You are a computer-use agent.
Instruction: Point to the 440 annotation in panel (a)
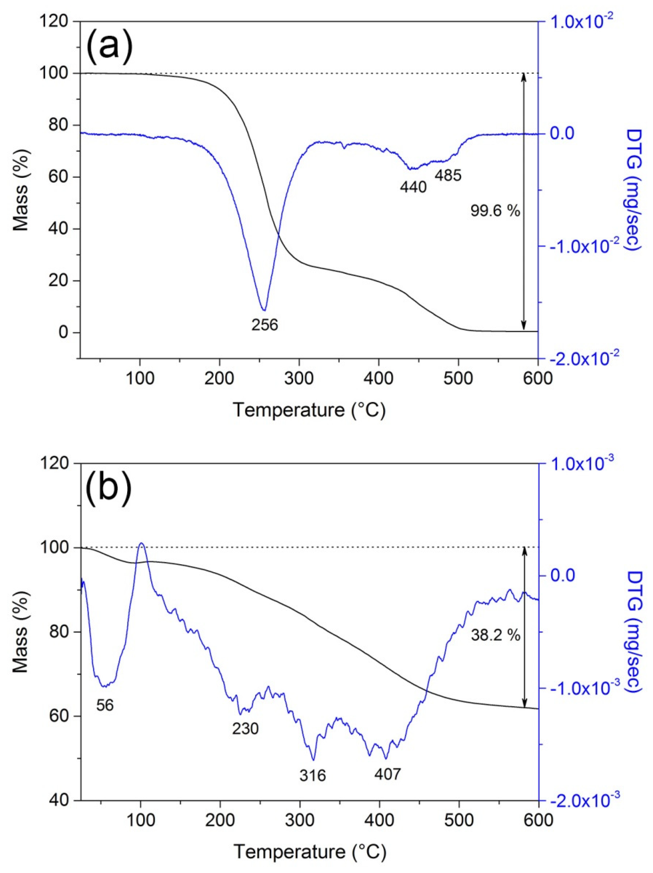tap(413, 187)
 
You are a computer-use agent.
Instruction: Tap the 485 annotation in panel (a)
tap(448, 175)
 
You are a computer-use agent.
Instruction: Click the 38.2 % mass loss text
tap(495, 636)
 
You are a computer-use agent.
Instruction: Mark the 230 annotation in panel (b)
tap(245, 729)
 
